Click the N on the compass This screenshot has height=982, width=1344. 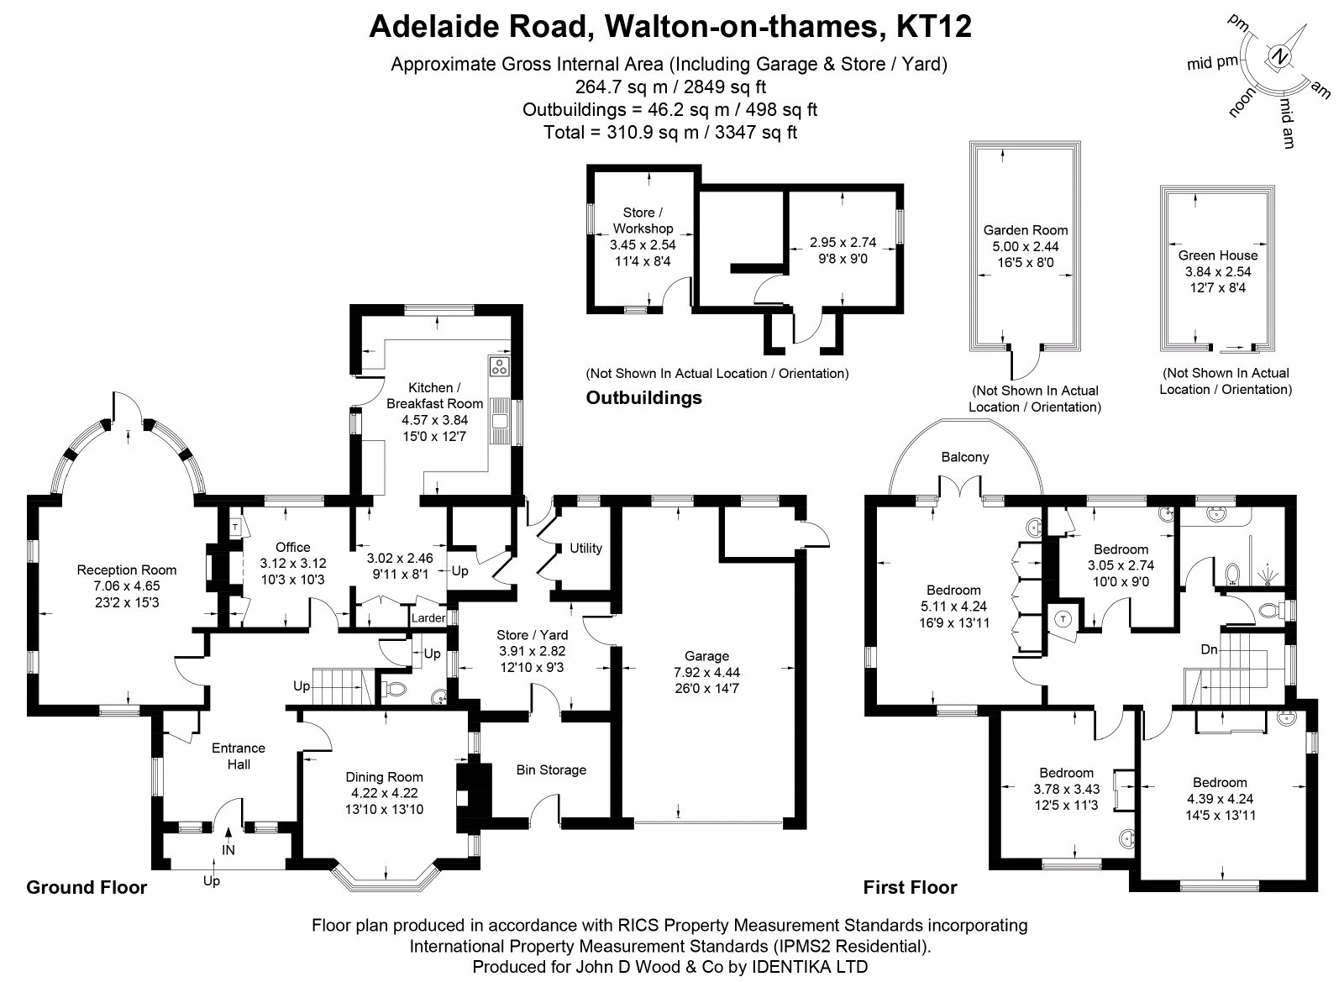point(1279,57)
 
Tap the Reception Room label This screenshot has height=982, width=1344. point(127,570)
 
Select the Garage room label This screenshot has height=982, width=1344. point(706,656)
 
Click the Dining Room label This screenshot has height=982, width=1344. point(384,777)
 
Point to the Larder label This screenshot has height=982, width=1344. point(428,618)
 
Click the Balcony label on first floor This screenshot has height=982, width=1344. point(965,457)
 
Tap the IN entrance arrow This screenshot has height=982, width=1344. point(228,833)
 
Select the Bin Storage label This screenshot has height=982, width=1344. point(551,769)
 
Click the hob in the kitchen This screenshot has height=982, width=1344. point(499,366)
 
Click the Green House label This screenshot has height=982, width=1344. point(1217,255)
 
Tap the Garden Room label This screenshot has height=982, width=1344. point(1026,230)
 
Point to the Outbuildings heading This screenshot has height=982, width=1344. point(643,398)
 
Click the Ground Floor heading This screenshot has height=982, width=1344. point(87,888)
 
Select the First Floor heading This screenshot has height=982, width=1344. point(911,888)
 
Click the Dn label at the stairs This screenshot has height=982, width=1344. point(1209,649)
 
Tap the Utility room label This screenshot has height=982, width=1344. point(585,549)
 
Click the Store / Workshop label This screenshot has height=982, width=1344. point(643,221)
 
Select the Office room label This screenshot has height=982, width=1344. point(293,547)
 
